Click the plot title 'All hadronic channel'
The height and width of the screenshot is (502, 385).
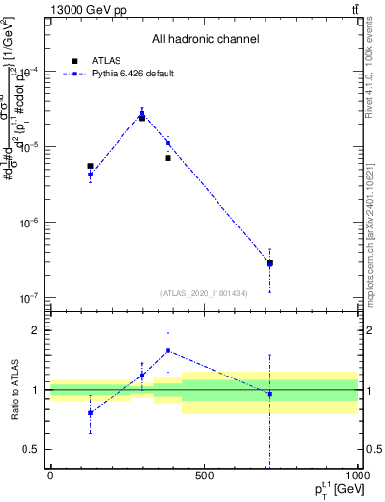[205, 39]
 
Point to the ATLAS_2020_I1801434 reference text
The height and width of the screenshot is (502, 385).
[205, 293]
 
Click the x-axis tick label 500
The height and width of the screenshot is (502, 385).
[203, 476]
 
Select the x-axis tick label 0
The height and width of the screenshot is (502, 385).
[50, 476]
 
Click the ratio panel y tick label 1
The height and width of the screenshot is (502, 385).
[36, 390]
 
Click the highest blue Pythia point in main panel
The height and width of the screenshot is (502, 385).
[142, 114]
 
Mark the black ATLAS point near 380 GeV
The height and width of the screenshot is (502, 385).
[168, 158]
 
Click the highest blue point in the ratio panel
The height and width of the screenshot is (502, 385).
[168, 350]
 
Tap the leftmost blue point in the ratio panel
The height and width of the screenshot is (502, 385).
[90, 413]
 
